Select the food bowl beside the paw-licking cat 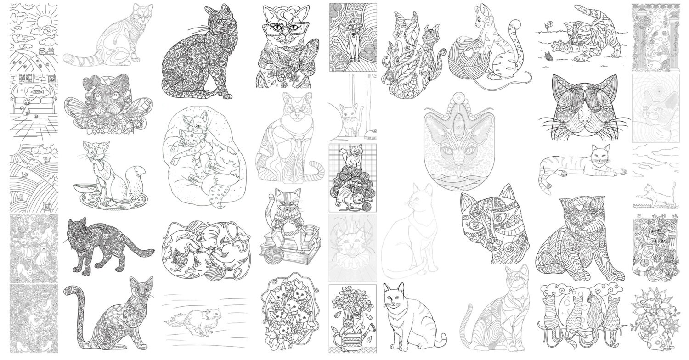click(x=85, y=188)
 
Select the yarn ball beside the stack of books click(x=270, y=251)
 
